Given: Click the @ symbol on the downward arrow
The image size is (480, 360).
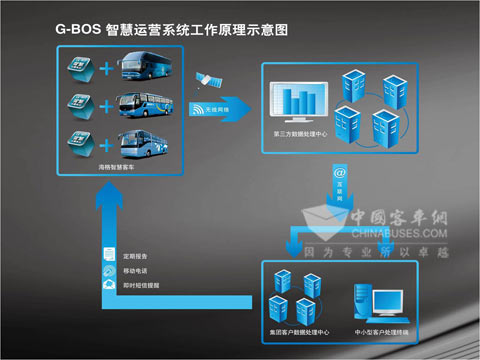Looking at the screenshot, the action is click(x=340, y=173).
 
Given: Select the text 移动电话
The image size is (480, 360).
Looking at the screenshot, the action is click(x=135, y=270).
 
